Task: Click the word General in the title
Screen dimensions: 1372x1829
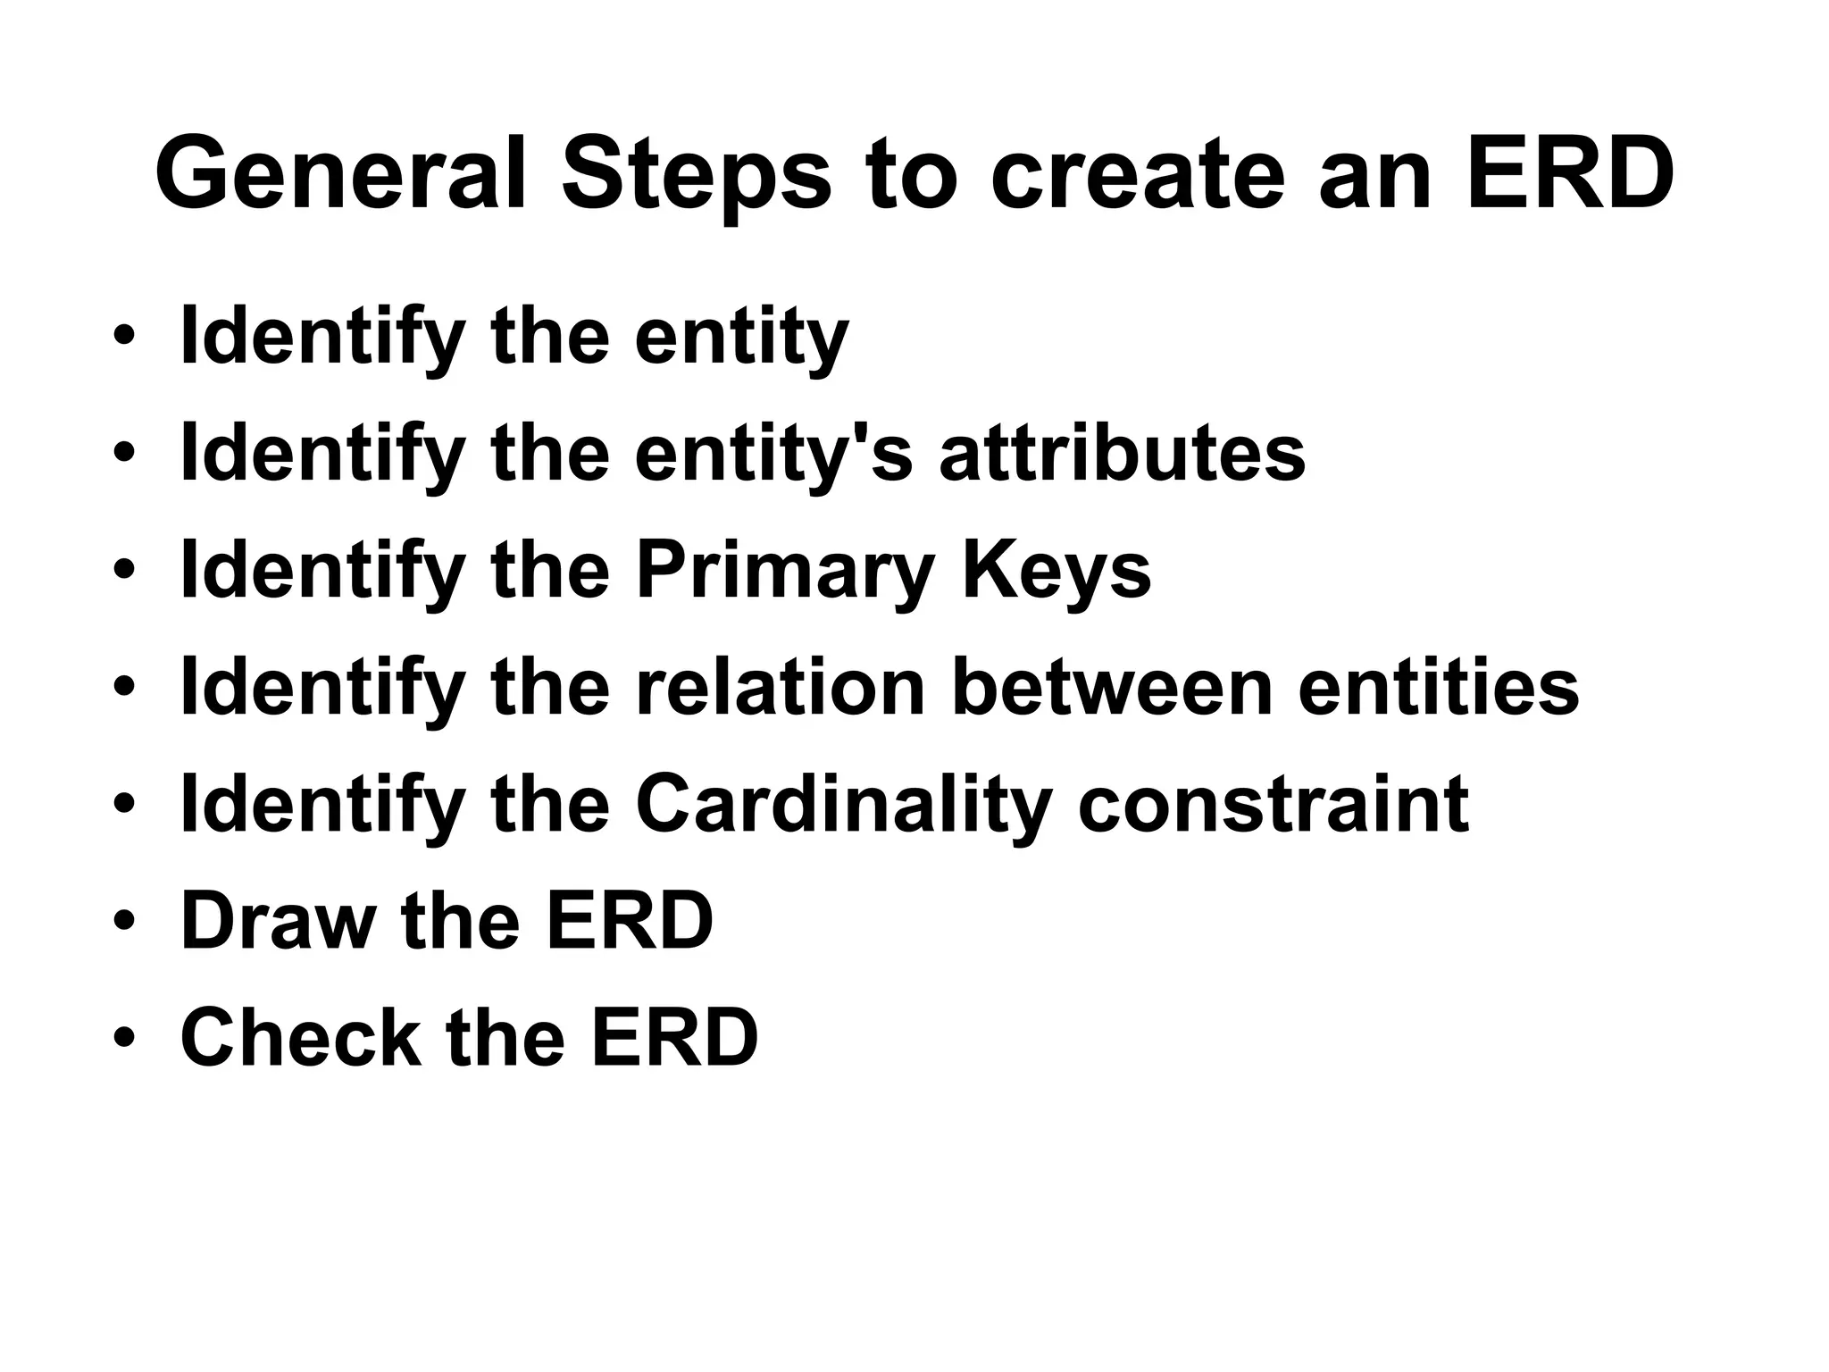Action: coord(339,172)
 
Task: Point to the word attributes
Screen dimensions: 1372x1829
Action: coord(1122,453)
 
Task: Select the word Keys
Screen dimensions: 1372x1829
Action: coord(1056,573)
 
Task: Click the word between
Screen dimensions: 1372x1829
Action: coord(1111,687)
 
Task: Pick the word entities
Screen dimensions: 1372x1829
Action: coord(1438,687)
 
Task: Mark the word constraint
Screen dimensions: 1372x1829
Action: coord(1273,804)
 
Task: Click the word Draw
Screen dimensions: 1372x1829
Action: coord(278,920)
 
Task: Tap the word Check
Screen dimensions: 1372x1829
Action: coord(300,1037)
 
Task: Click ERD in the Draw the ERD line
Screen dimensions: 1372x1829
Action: coord(630,920)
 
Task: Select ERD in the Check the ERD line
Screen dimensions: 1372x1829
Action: coord(674,1037)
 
